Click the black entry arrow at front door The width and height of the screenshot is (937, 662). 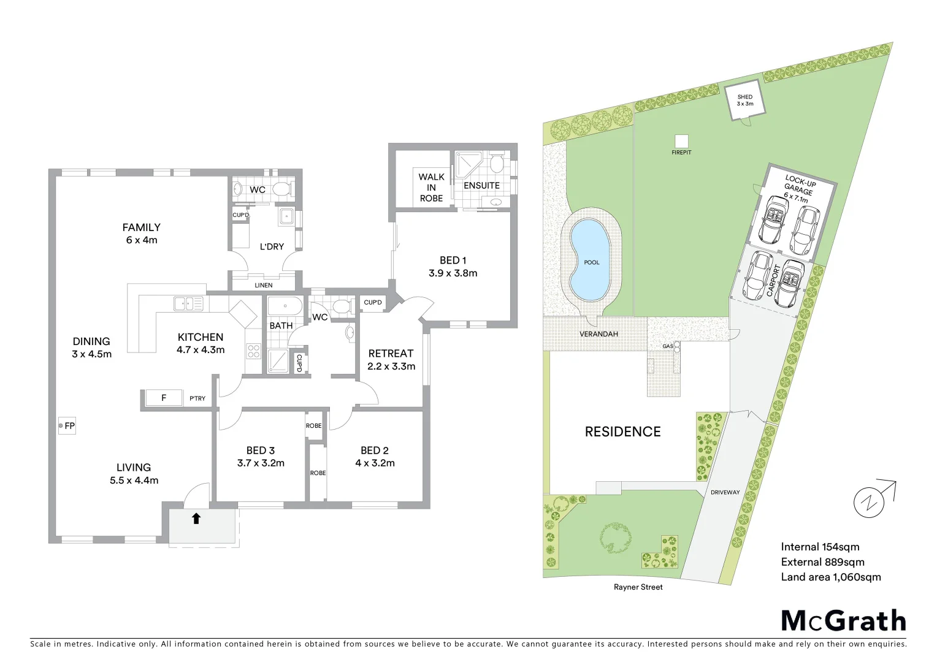tap(196, 519)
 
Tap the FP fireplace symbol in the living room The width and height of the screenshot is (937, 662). tap(66, 425)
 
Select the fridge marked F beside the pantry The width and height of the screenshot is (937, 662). tap(164, 398)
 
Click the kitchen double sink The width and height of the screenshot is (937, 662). tap(188, 303)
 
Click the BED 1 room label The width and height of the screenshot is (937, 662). tap(453, 267)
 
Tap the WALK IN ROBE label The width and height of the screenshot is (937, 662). tap(431, 187)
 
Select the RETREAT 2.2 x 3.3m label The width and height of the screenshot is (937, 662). tap(391, 360)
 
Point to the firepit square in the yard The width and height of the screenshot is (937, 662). tap(681, 140)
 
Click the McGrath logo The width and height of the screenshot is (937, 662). tap(843, 620)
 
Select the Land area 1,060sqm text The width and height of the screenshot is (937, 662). tap(830, 577)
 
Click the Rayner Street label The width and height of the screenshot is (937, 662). tap(638, 587)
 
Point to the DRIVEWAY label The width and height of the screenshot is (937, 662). tap(725, 492)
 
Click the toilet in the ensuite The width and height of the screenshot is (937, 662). tap(497, 163)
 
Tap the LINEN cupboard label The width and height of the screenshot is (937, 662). tap(263, 285)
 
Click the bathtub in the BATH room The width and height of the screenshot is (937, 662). tap(285, 305)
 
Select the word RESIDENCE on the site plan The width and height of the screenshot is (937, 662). tap(622, 432)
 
